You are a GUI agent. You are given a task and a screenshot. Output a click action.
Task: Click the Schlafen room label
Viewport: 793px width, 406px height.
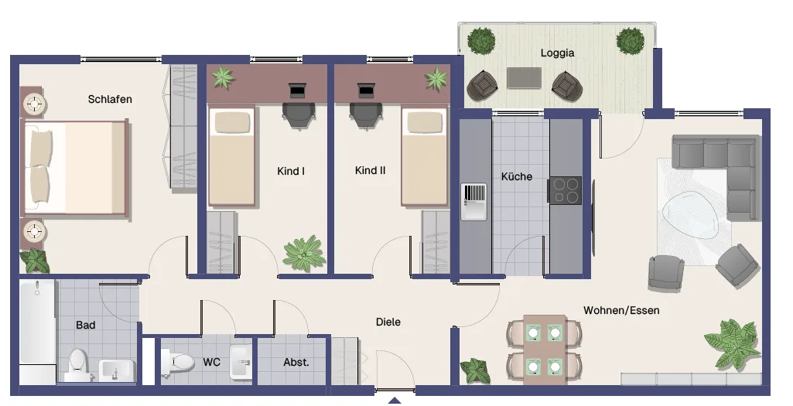[x=110, y=99]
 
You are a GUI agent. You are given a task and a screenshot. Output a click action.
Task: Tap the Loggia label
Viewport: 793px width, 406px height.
[x=557, y=53]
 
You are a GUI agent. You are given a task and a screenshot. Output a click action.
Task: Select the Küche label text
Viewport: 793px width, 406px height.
[x=516, y=176]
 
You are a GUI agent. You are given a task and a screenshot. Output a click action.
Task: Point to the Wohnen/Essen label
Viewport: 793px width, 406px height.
[x=621, y=310]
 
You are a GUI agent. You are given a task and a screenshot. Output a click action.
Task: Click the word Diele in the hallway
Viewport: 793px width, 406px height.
[x=388, y=322]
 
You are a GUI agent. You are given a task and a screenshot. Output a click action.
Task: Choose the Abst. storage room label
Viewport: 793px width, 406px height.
[x=296, y=362]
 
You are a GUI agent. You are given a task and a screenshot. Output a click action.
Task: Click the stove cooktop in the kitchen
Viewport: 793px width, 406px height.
[x=565, y=190]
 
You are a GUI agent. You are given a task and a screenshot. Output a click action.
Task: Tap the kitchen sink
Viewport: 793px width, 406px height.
[x=473, y=202]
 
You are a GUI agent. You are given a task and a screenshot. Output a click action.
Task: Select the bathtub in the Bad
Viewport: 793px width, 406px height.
[x=37, y=332]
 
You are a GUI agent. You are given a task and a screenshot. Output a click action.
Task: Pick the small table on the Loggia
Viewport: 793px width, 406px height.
[x=524, y=78]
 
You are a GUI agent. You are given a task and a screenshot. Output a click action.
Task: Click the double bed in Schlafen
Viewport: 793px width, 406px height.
[x=75, y=167]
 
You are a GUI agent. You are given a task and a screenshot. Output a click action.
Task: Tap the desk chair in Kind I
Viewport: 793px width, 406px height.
[x=299, y=115]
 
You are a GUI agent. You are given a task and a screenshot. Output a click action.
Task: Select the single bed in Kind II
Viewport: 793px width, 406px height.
[x=425, y=155]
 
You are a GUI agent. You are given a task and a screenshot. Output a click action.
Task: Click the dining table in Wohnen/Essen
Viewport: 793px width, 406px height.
[x=545, y=350]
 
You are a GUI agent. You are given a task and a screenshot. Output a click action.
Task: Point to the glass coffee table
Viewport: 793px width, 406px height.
[x=692, y=215]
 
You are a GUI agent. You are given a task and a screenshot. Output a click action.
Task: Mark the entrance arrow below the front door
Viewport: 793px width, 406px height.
[x=395, y=401]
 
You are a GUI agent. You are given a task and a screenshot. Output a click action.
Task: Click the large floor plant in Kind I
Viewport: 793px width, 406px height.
[x=304, y=254]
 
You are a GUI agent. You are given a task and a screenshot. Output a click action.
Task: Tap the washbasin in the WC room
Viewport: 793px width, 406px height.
[x=241, y=362]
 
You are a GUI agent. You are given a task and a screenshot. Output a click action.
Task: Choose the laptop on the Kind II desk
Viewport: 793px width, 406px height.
[x=365, y=90]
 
